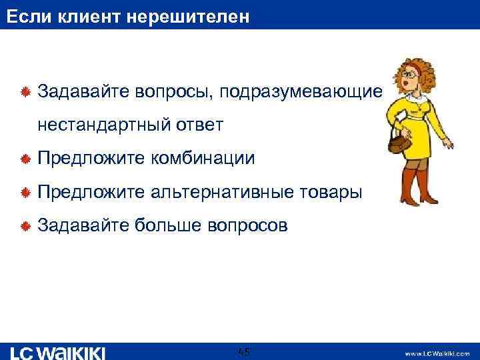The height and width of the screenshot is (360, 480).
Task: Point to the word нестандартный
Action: (x=105, y=125)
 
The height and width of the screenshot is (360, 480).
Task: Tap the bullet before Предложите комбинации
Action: (x=25, y=159)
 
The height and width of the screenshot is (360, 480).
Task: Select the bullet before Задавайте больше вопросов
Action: (x=25, y=227)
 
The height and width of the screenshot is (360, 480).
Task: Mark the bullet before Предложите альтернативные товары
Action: (x=25, y=193)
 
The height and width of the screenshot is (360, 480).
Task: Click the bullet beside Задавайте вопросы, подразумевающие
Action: (x=25, y=92)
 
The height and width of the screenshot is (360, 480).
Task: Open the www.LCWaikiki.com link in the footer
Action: (x=437, y=353)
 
